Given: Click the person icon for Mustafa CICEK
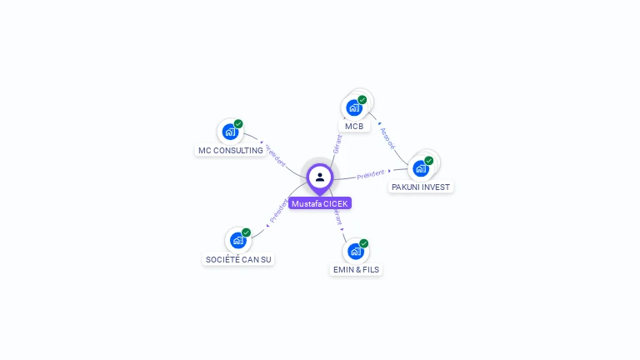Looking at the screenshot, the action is click(x=320, y=177).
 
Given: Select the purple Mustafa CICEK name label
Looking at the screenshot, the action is click(x=320, y=203).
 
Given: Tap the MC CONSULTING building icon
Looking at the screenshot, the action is click(x=230, y=132).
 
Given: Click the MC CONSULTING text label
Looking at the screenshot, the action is click(x=230, y=151).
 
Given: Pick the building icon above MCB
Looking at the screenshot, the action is click(x=354, y=107).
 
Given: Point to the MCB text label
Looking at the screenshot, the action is click(x=354, y=127).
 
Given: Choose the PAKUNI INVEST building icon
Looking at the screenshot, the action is click(x=421, y=167).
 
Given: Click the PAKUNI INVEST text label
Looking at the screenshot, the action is click(x=421, y=187).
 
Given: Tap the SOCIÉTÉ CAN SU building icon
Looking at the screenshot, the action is click(x=237, y=240).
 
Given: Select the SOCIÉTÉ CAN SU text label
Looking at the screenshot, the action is click(x=238, y=259).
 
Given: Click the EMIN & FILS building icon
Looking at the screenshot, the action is click(x=356, y=251).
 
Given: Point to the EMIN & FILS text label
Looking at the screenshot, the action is click(x=356, y=270).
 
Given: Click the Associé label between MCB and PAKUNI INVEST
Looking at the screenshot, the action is click(x=387, y=137).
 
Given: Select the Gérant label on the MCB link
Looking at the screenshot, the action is click(x=337, y=143).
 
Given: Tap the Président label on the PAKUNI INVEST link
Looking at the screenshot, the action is click(x=371, y=174).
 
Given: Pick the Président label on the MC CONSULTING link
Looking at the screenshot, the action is click(x=276, y=157).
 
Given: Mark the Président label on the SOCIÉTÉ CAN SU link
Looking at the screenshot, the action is click(x=278, y=211).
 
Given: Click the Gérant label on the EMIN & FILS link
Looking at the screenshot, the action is click(x=337, y=217).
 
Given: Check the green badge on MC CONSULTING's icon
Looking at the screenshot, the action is click(x=238, y=124).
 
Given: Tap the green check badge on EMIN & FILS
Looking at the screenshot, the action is click(x=364, y=243).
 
